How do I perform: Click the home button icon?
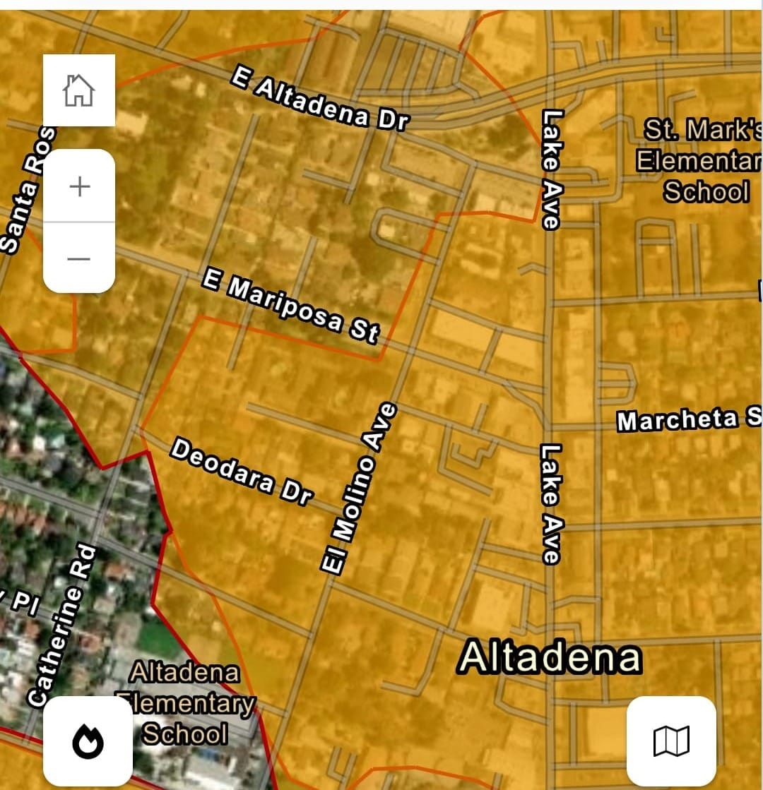[78, 90]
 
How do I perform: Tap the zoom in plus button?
[79, 186]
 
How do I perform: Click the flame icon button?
[88, 741]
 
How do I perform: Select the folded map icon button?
[670, 741]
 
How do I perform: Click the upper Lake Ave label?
[551, 169]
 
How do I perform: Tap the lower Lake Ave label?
[550, 503]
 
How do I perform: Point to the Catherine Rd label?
[63, 625]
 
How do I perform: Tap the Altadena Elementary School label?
[185, 703]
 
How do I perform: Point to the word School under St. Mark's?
[706, 192]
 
